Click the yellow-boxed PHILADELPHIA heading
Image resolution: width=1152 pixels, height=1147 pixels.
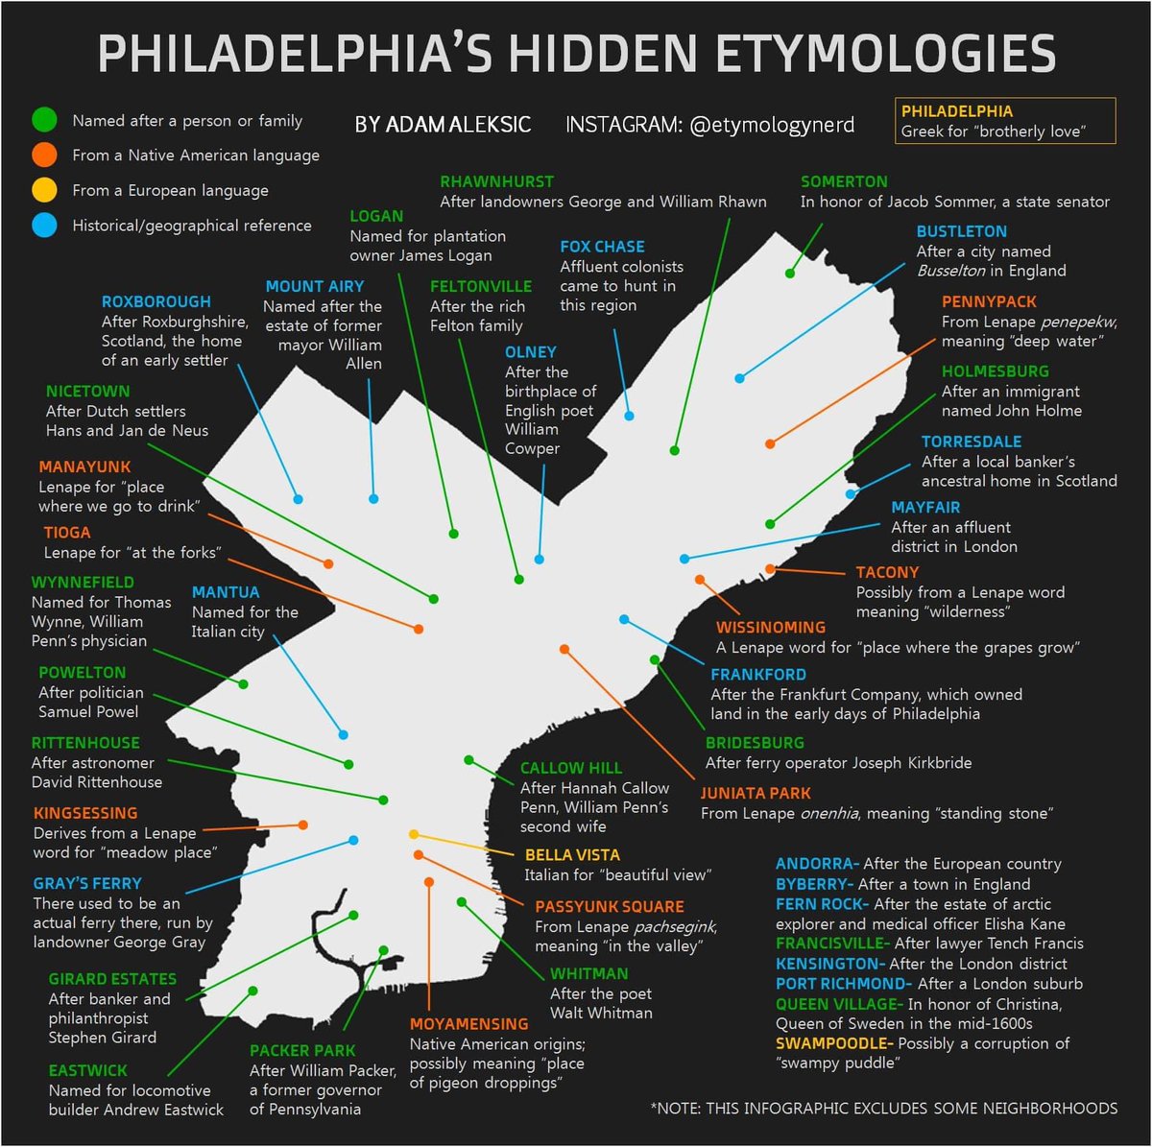[956, 111]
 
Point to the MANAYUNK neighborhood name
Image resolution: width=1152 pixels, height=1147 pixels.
[84, 467]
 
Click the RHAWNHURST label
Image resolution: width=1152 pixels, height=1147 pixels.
[496, 181]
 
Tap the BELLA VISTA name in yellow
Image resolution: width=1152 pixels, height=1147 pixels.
[572, 855]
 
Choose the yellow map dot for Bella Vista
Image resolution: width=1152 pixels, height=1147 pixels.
[414, 834]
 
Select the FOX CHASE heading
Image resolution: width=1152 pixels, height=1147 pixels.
[602, 247]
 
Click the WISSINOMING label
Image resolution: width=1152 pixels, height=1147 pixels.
[770, 628]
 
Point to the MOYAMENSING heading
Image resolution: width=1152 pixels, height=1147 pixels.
[468, 1024]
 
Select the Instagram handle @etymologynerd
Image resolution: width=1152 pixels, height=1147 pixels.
[772, 125]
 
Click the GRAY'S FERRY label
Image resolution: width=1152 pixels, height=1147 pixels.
[87, 884]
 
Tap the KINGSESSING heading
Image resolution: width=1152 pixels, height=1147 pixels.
[85, 813]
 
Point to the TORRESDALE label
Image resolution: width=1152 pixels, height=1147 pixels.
[971, 442]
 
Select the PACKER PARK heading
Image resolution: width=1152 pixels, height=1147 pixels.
[302, 1051]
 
